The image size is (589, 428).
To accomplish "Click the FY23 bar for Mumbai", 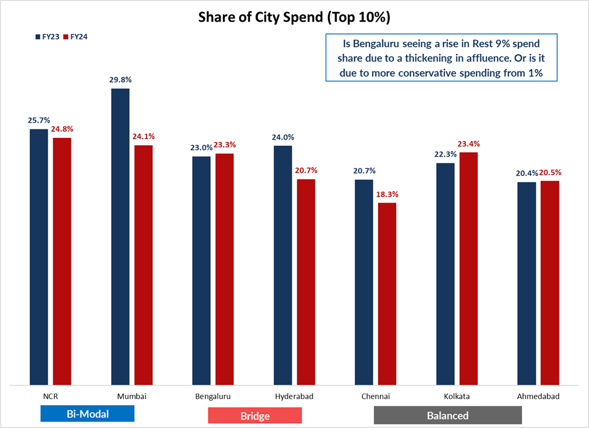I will [120, 236].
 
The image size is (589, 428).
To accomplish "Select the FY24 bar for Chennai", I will [387, 293].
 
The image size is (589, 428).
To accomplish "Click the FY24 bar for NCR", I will [62, 261].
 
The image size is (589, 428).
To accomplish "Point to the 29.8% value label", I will [120, 79].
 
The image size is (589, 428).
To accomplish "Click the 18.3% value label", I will [387, 195].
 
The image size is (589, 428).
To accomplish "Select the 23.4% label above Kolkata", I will [468, 144].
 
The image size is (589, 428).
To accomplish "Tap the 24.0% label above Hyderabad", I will [283, 137].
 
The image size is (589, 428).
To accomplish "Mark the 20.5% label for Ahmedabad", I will [550, 172].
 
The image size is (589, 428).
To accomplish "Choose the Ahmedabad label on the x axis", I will [538, 397].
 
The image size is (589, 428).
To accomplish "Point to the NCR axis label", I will [51, 397].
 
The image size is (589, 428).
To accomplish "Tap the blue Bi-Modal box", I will [87, 414].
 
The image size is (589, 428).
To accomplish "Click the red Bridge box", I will [254, 416].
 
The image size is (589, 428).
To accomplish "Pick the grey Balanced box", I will [447, 415].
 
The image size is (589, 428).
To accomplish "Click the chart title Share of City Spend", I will [294, 18].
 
